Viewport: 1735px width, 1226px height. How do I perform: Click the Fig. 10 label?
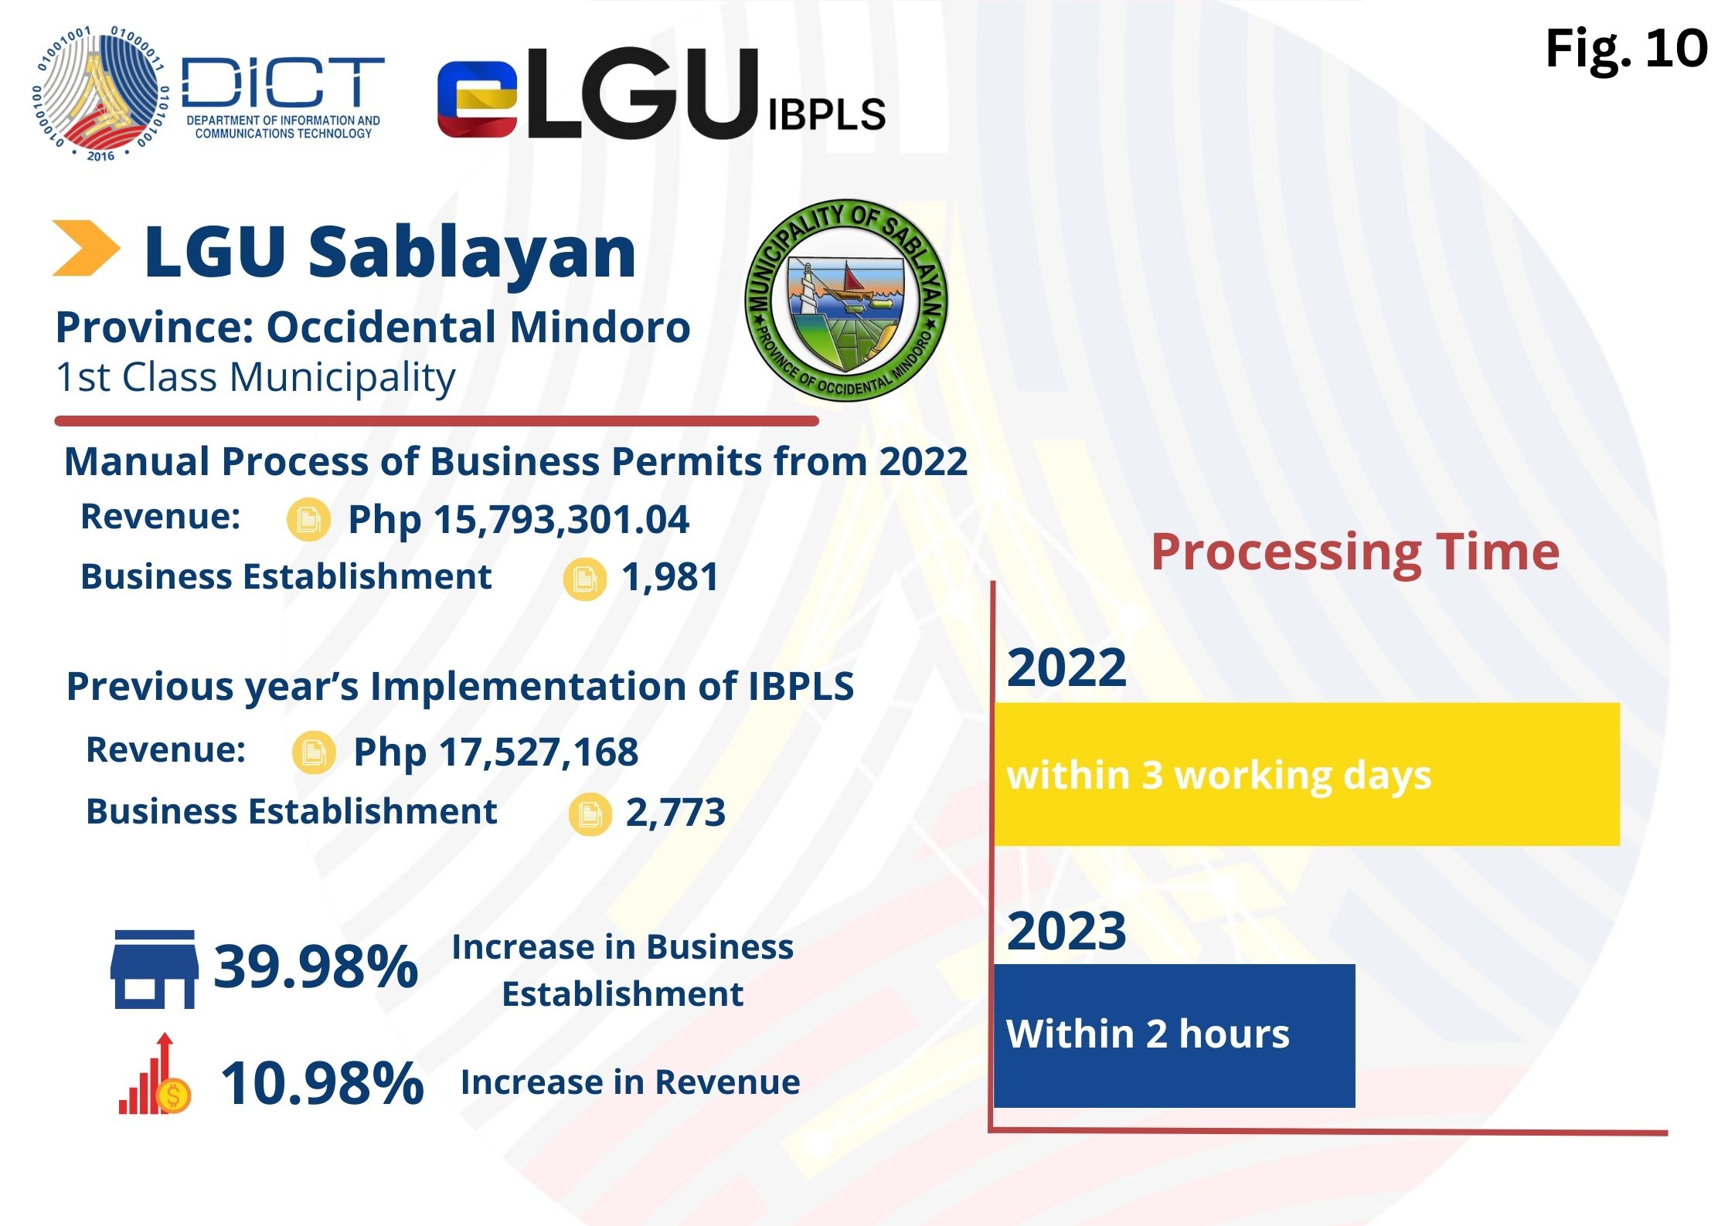pos(1625,49)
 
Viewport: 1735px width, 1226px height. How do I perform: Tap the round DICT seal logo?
pos(100,94)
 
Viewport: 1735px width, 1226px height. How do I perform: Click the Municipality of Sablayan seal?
pos(845,301)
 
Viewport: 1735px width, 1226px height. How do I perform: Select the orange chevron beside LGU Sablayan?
pos(85,249)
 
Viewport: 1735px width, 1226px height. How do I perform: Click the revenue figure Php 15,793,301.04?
pos(518,519)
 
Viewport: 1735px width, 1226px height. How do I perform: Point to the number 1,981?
pos(670,578)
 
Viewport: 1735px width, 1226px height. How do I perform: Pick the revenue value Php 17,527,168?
pos(495,752)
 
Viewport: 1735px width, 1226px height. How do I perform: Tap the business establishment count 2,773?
pos(675,813)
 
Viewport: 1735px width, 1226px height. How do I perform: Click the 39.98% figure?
pos(315,966)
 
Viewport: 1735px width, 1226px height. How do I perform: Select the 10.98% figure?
pos(321,1083)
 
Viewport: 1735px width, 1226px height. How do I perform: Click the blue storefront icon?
pos(154,970)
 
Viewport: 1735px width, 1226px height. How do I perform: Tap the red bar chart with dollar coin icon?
pos(155,1076)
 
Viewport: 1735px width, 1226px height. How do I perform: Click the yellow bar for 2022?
pos(1306,774)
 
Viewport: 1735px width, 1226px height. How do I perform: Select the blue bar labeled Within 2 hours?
pos(1174,1035)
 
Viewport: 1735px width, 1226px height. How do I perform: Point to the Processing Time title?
pos(1355,552)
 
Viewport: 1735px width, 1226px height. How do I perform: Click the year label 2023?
pos(1067,931)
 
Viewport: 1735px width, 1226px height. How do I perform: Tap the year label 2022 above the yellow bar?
pos(1067,667)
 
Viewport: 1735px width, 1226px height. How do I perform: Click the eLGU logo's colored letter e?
pos(477,100)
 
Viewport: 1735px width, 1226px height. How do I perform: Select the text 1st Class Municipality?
pos(255,378)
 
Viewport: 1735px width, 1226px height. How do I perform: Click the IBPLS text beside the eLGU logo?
pos(826,115)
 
